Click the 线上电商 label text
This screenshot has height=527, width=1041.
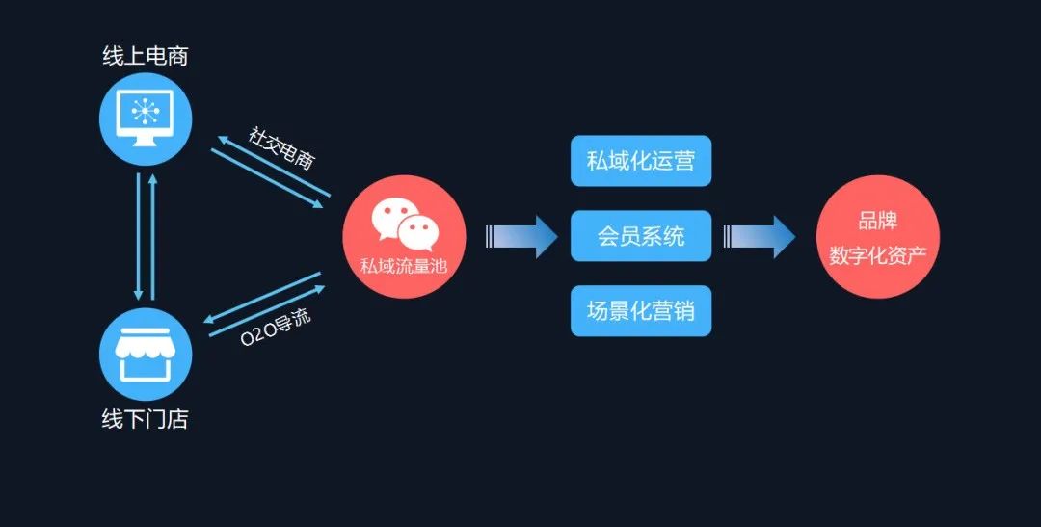point(145,56)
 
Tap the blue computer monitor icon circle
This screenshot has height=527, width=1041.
point(146,119)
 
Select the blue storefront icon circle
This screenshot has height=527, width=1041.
point(146,355)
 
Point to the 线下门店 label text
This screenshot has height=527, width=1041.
point(146,420)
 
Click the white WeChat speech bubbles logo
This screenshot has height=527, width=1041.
point(405,222)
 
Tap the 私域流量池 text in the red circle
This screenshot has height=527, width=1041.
point(404,265)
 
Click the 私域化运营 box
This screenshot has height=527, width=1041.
point(640,161)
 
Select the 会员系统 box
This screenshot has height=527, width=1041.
point(640,236)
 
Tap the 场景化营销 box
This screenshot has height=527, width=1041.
point(640,311)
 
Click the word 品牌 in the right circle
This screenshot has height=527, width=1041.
point(877,221)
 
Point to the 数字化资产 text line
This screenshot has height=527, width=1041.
point(877,257)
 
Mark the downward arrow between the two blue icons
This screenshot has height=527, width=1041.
point(139,236)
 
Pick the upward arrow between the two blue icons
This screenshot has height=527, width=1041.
point(152,236)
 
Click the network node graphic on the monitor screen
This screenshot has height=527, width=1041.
point(146,112)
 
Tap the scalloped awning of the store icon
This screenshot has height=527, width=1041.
point(146,344)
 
